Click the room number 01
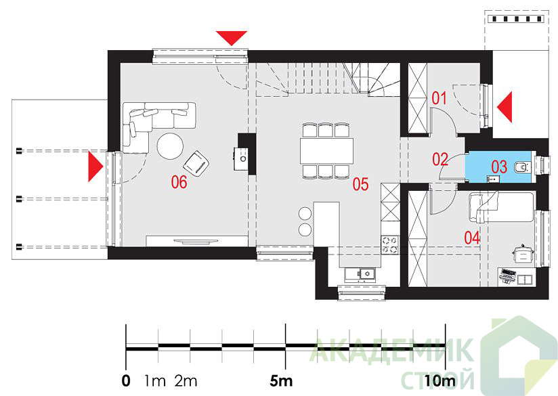click(x=439, y=98)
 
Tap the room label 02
click(x=440, y=159)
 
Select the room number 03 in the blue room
click(x=499, y=167)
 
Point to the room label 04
click(x=472, y=238)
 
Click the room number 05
click(x=360, y=184)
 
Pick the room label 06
click(x=179, y=182)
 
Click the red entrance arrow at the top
click(x=232, y=38)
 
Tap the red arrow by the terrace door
click(x=95, y=167)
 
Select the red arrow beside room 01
click(x=505, y=107)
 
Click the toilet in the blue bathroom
click(x=521, y=167)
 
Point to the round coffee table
click(x=171, y=146)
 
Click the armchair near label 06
click(x=196, y=163)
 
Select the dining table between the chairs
click(x=326, y=150)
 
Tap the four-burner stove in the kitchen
click(x=390, y=245)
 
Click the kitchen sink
click(x=360, y=274)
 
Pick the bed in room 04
click(x=501, y=207)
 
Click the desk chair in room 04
click(x=522, y=255)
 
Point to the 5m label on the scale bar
click(x=281, y=381)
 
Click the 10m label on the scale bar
click(x=440, y=381)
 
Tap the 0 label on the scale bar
click(x=126, y=381)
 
